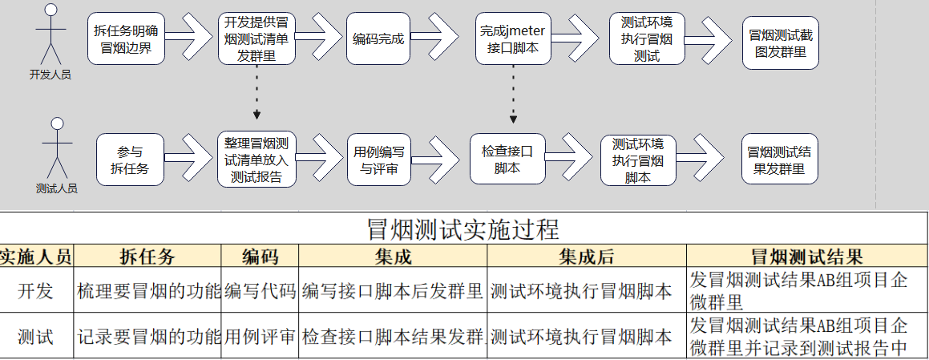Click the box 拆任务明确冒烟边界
pyautogui.click(x=126, y=38)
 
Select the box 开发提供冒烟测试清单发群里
pyautogui.click(x=256, y=38)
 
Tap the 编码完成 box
pyautogui.click(x=378, y=38)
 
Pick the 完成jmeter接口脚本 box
pyautogui.click(x=513, y=38)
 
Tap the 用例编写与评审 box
pyautogui.click(x=379, y=160)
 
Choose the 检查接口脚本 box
pyautogui.click(x=507, y=159)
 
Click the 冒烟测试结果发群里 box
pyautogui.click(x=780, y=159)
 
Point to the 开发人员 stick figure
pyautogui.click(x=51, y=34)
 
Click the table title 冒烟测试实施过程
pyautogui.click(x=464, y=229)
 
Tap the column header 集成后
pyautogui.click(x=587, y=257)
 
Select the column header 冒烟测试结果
pyautogui.click(x=807, y=257)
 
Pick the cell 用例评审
pyautogui.click(x=260, y=336)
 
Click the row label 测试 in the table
pyautogui.click(x=35, y=336)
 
